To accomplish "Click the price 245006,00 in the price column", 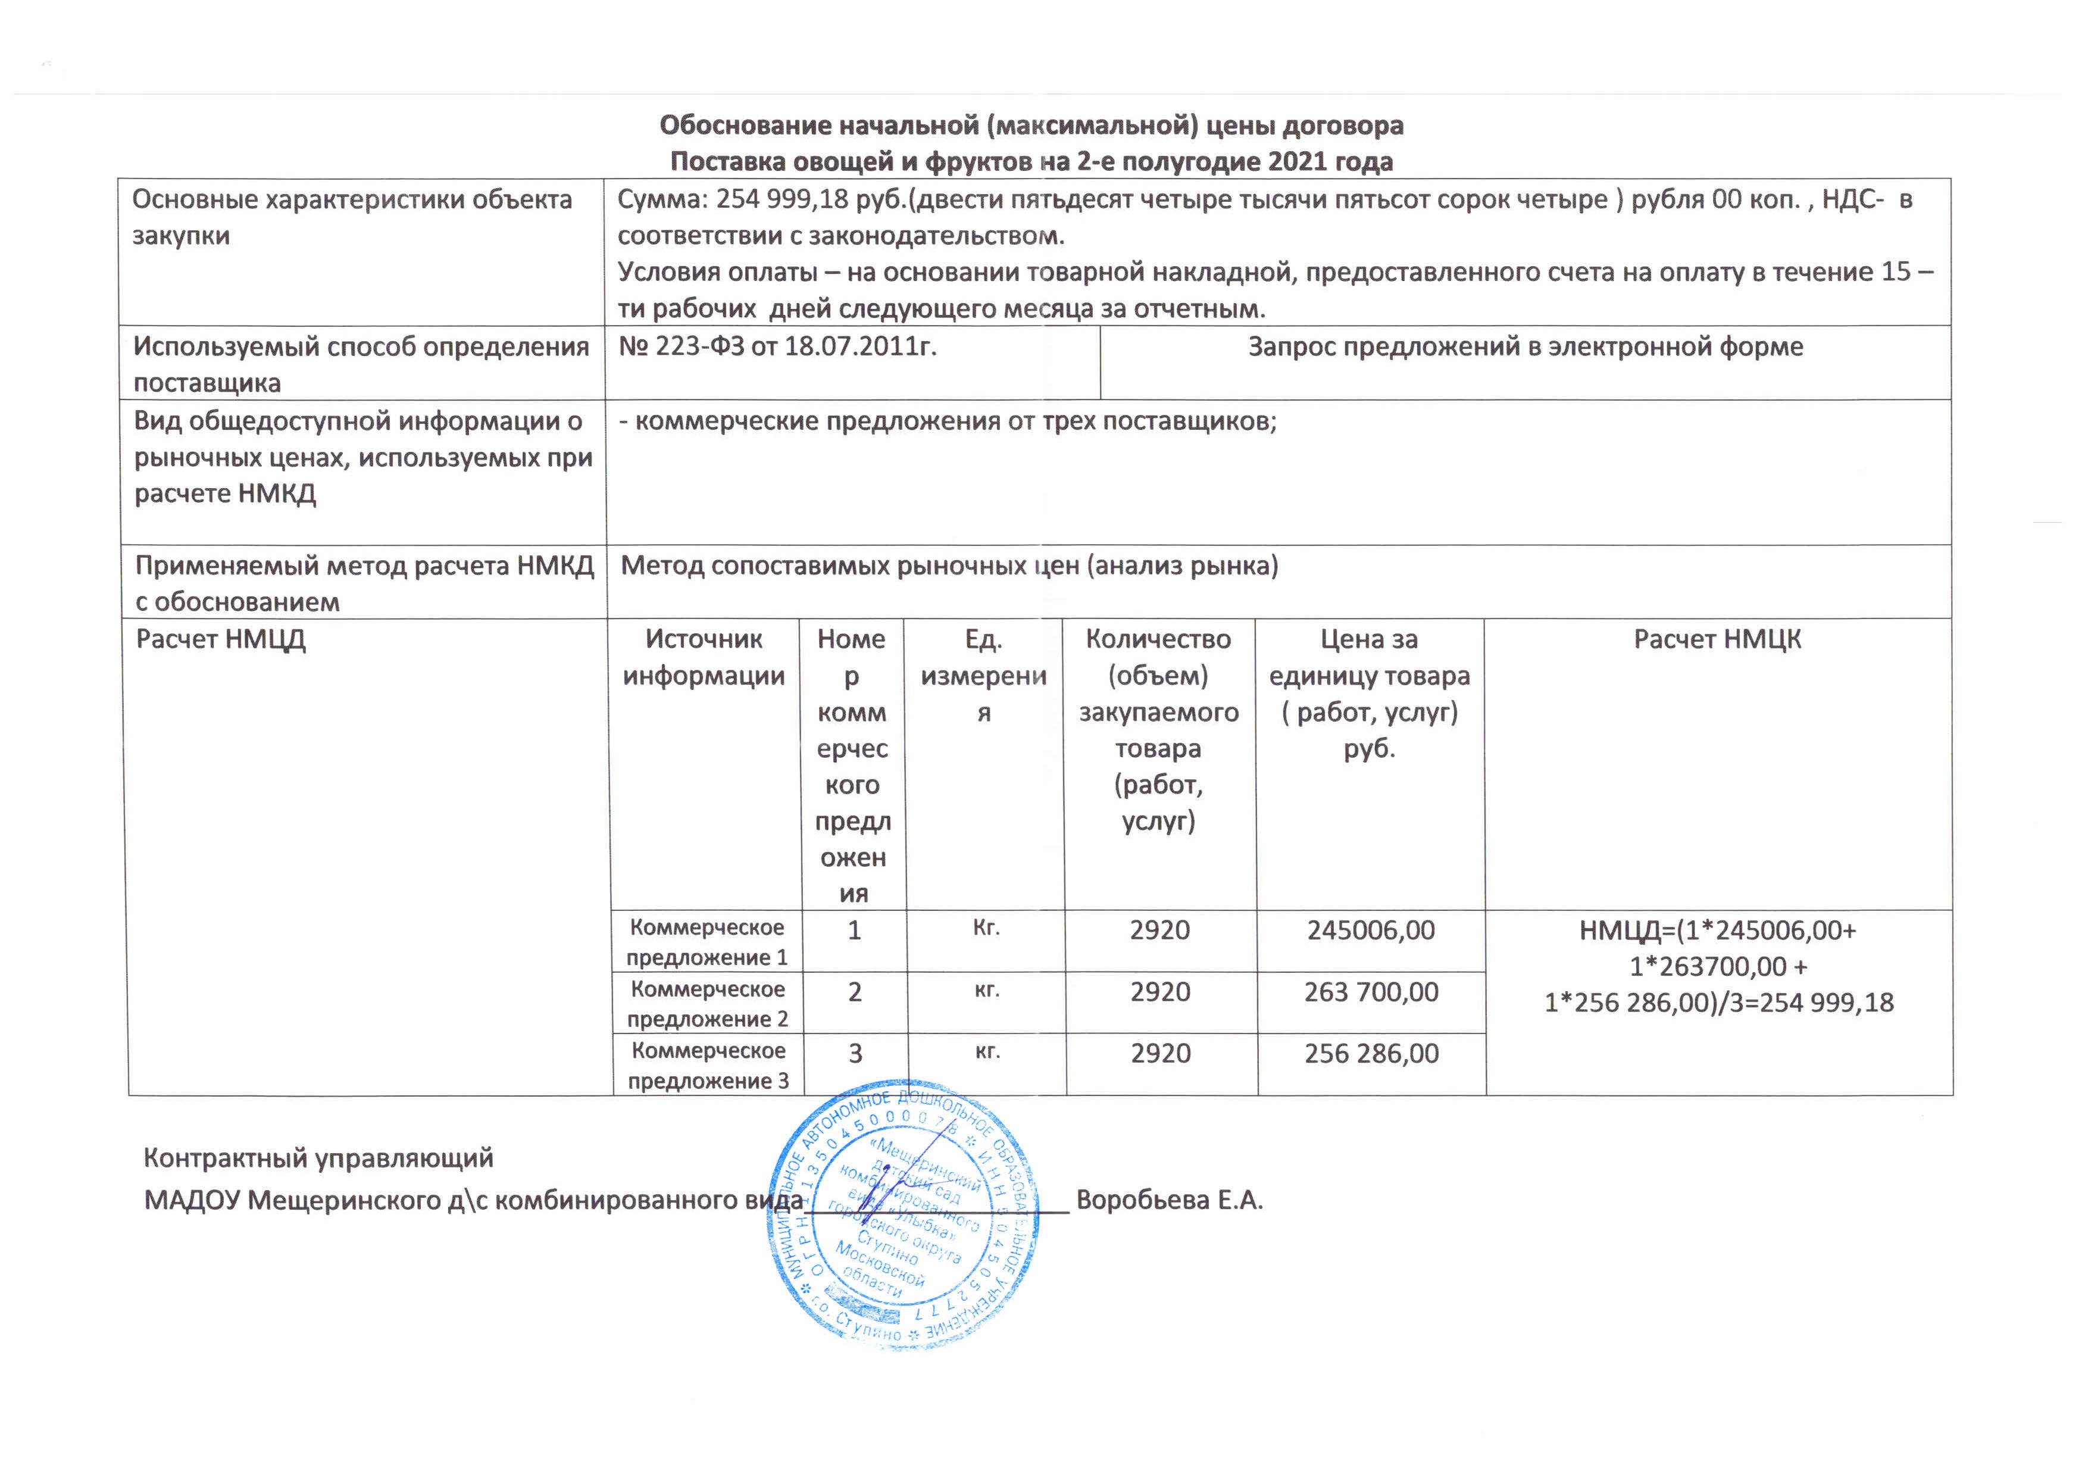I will [x=1371, y=930].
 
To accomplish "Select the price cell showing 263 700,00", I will [x=1371, y=992].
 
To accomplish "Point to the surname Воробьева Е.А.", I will [x=1170, y=1201].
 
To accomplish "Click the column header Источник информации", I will [x=704, y=658].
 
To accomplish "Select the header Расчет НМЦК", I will [x=1717, y=639].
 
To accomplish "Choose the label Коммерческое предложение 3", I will [x=708, y=1066].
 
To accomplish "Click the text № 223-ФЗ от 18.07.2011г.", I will [x=777, y=346].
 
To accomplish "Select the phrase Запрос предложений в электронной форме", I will [x=1525, y=346].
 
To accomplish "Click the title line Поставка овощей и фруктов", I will [x=1032, y=162].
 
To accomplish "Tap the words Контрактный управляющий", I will [x=318, y=1158].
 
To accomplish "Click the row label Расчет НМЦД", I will [x=220, y=639].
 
